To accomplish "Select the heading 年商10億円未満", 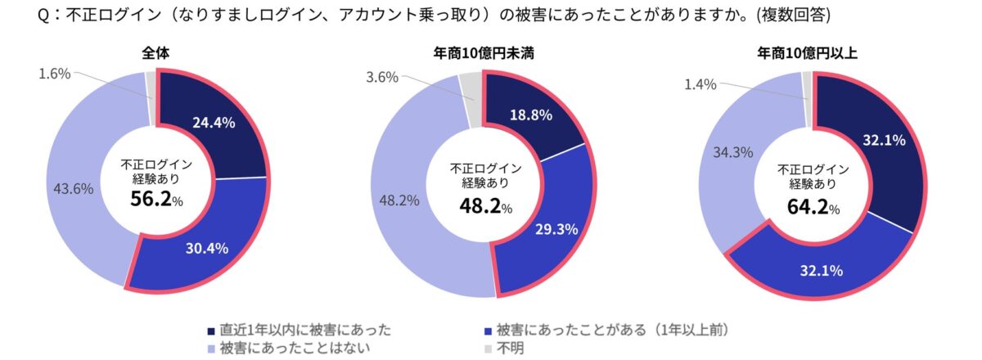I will [x=484, y=55].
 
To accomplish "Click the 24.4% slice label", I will [x=214, y=123].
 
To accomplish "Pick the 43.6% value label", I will [x=73, y=188].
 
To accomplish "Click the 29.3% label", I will [x=556, y=230].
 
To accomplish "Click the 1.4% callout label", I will [x=700, y=83].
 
